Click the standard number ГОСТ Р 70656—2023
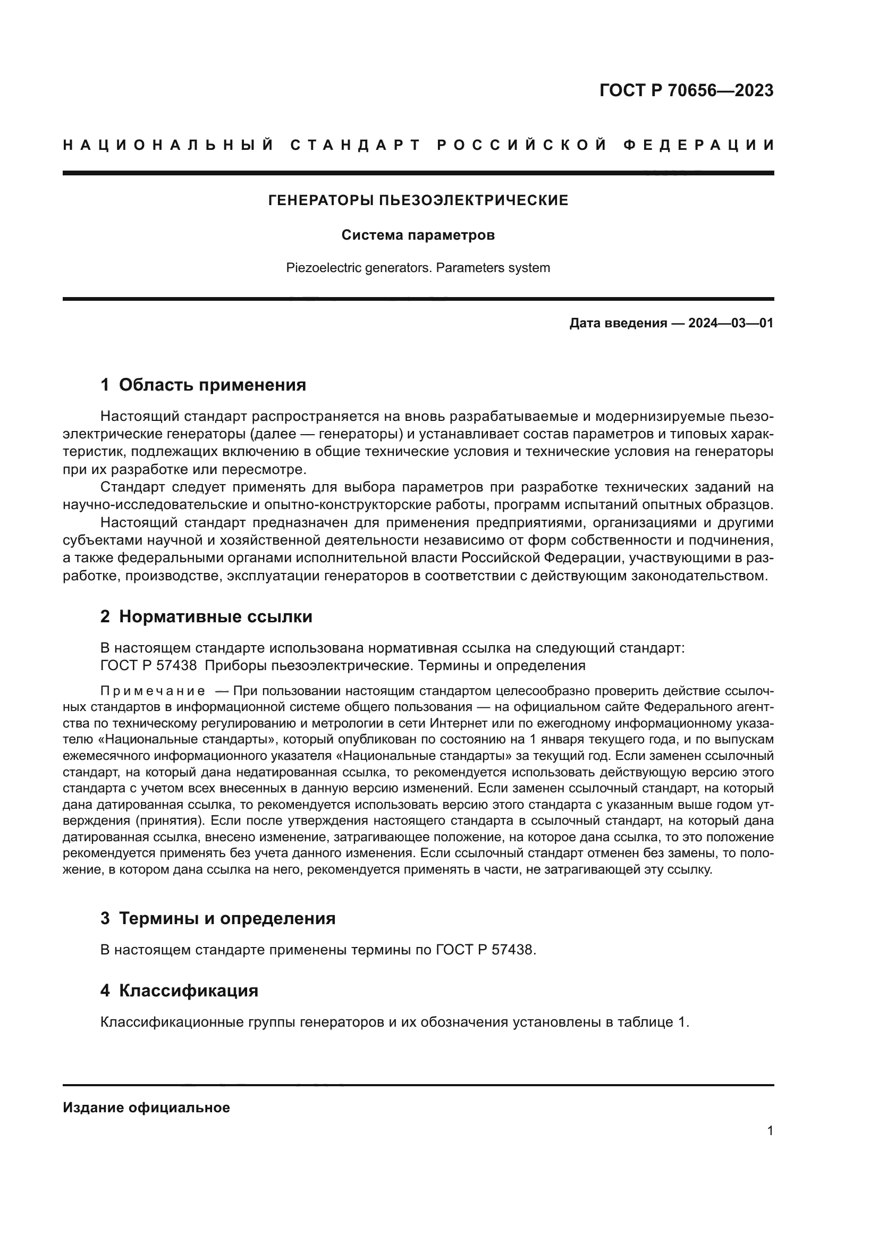(x=686, y=90)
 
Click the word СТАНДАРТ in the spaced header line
(x=356, y=145)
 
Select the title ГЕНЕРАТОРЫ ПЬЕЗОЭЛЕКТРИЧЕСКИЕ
(x=418, y=200)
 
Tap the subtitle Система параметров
(x=418, y=235)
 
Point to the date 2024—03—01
(x=731, y=323)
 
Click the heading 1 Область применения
(x=203, y=385)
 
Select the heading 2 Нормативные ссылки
(x=206, y=616)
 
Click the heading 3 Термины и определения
(x=217, y=918)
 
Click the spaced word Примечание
(x=153, y=691)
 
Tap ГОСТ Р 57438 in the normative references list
(x=148, y=665)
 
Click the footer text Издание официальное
(x=147, y=1107)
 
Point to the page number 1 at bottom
(x=770, y=1130)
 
